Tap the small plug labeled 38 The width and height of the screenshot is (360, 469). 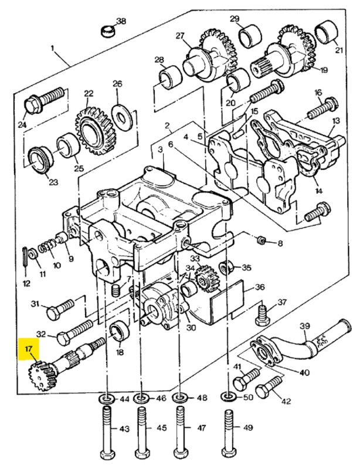tap(107, 31)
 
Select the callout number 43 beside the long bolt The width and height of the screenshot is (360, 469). tap(124, 429)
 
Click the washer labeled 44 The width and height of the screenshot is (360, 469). tap(106, 399)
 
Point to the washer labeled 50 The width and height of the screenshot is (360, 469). tap(228, 398)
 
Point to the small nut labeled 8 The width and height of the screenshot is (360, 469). tap(262, 240)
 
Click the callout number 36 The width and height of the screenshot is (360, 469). tap(260, 287)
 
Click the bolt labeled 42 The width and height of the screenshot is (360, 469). tap(269, 386)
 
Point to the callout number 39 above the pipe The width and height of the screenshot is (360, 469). tap(305, 326)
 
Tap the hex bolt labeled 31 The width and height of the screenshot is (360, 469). tap(60, 310)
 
